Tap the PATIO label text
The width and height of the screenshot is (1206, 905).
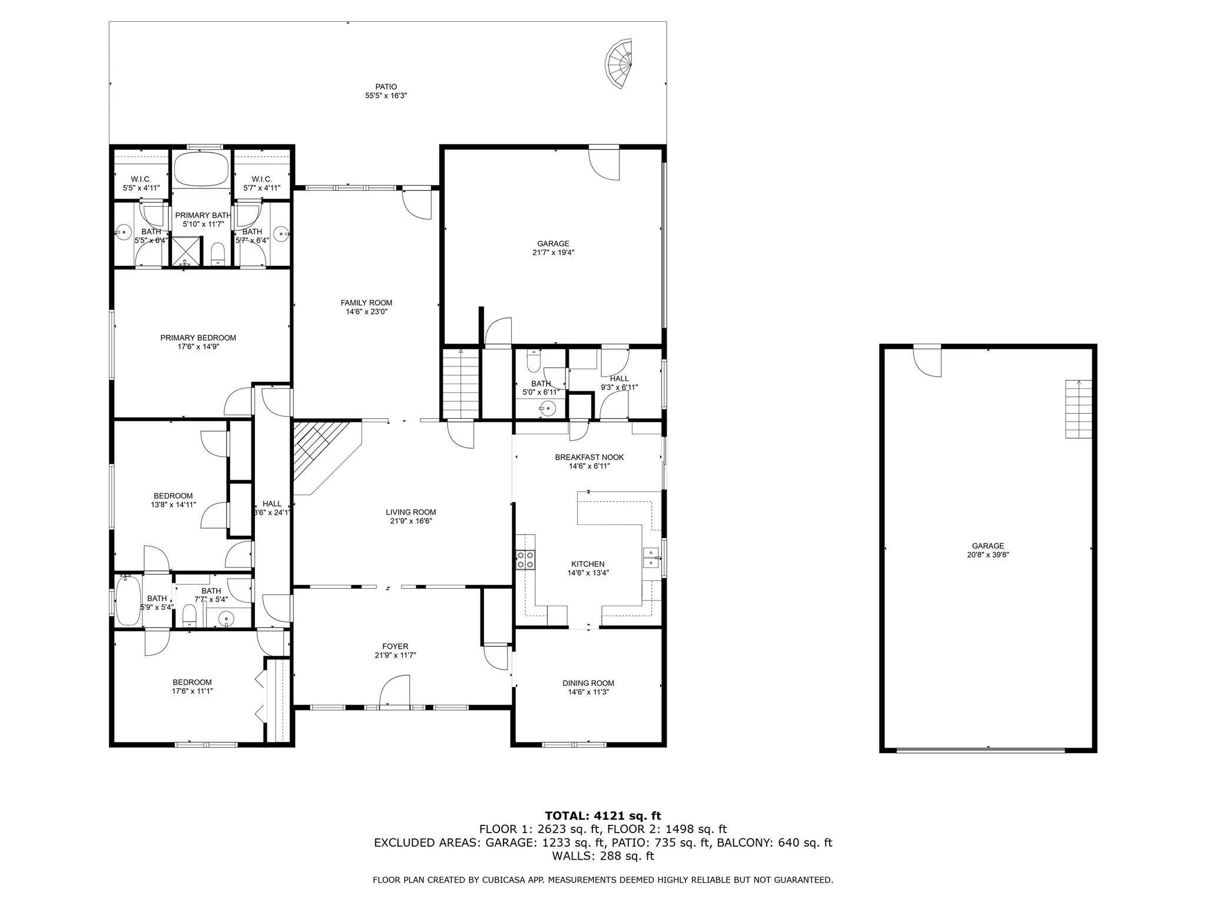click(386, 87)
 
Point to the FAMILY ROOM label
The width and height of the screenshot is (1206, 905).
click(366, 303)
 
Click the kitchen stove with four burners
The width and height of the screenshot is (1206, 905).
click(525, 559)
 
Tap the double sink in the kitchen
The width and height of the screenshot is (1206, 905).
click(651, 557)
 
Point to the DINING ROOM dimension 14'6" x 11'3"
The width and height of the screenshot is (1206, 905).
click(588, 692)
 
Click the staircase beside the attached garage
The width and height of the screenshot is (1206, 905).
click(461, 382)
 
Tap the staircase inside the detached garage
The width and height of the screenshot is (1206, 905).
click(1078, 409)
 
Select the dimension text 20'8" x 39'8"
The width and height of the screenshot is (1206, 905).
click(988, 554)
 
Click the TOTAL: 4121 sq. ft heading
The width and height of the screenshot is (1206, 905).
click(602, 816)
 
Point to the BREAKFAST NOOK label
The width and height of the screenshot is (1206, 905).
click(589, 457)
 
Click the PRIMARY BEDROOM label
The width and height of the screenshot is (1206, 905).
click(198, 338)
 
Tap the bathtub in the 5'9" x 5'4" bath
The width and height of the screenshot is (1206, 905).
click(128, 599)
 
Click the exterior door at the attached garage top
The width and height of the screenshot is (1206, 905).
click(605, 163)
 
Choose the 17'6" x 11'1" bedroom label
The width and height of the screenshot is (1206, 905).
click(192, 691)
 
